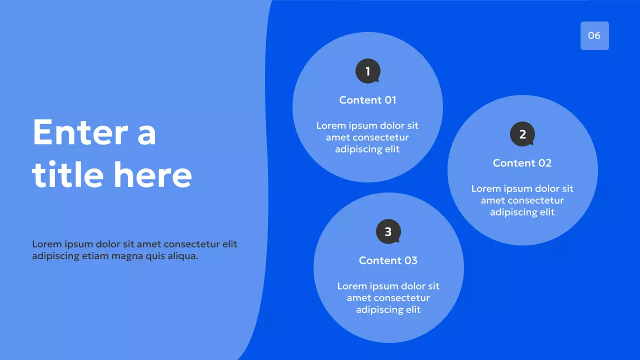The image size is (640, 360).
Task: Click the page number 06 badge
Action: tap(594, 35)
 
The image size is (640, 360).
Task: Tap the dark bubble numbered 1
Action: tap(367, 71)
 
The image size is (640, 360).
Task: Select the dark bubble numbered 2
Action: tap(522, 134)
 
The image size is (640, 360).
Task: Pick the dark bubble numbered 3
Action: tap(388, 232)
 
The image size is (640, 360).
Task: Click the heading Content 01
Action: tap(367, 100)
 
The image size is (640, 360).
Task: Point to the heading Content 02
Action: tap(522, 163)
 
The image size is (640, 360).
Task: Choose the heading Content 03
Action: tap(388, 260)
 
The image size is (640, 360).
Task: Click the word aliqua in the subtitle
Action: tap(182, 256)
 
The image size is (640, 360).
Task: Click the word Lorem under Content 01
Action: tap(330, 125)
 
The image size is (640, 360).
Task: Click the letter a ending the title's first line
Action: tap(146, 133)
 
